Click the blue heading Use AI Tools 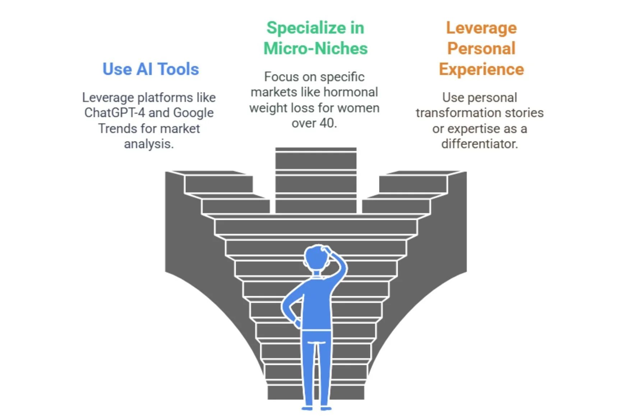pyautogui.click(x=151, y=69)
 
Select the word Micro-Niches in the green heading pyautogui.click(x=315, y=49)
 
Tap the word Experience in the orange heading pyautogui.click(x=481, y=69)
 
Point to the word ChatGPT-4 pyautogui.click(x=114, y=113)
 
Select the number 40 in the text pyautogui.click(x=327, y=123)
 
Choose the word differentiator pyautogui.click(x=479, y=144)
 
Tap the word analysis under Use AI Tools pyautogui.click(x=149, y=144)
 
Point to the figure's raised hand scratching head pyautogui.click(x=327, y=249)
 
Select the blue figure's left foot pyautogui.click(x=307, y=408)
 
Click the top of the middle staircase pyautogui.click(x=316, y=149)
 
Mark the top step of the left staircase pyautogui.click(x=208, y=173)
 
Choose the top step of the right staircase pyautogui.click(x=422, y=173)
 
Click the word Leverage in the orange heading pyautogui.click(x=481, y=28)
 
